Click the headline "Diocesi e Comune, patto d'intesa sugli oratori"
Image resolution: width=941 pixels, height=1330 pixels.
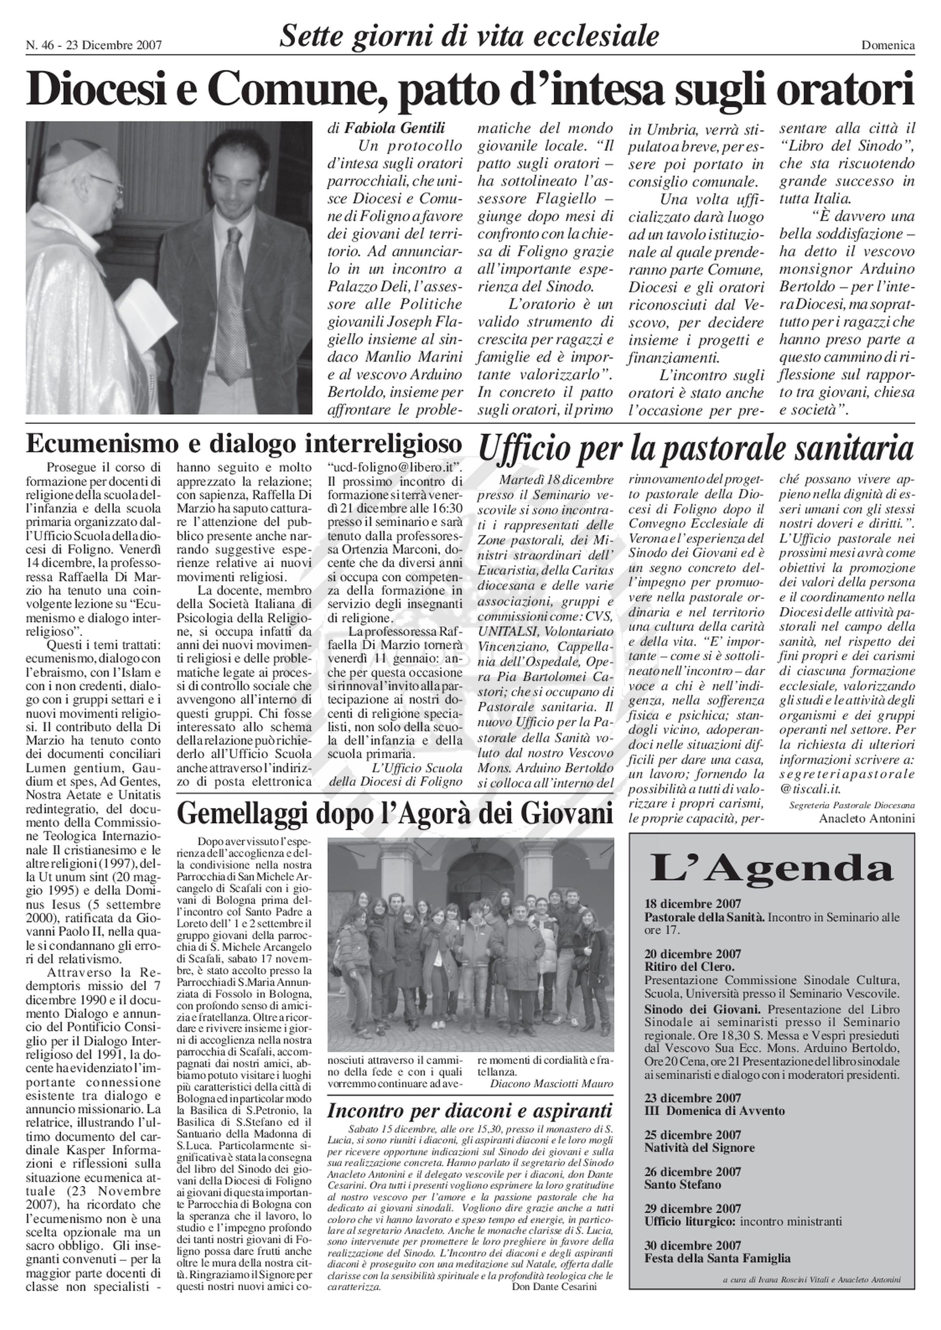(470, 90)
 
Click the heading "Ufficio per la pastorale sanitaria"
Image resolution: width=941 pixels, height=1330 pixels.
(695, 448)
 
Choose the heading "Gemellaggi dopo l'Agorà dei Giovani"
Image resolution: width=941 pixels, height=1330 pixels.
(394, 813)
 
